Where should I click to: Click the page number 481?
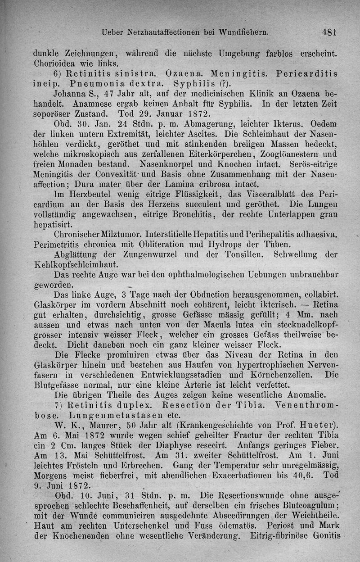pyautogui.click(x=330, y=32)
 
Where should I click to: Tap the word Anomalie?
pyautogui.click(x=302, y=395)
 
